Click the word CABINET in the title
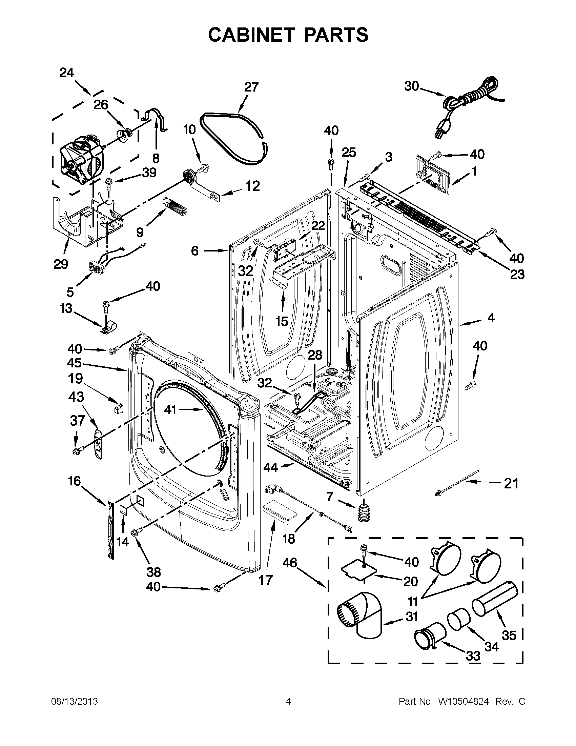251,35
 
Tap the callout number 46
290,563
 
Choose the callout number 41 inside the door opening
170,409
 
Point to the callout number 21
511,484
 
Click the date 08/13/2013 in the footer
75,701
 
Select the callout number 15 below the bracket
282,321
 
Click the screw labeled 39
109,184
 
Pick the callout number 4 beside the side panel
491,318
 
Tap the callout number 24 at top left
67,73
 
